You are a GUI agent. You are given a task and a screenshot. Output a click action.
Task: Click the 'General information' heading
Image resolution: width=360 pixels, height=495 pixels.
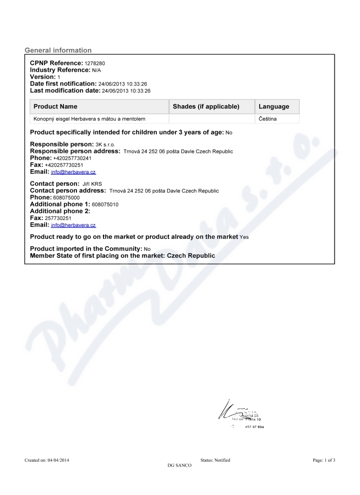click(x=58, y=50)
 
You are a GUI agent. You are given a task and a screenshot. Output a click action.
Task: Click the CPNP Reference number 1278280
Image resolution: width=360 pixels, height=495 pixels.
click(x=94, y=64)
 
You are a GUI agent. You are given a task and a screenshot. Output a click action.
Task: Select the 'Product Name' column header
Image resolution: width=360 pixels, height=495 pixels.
click(x=55, y=107)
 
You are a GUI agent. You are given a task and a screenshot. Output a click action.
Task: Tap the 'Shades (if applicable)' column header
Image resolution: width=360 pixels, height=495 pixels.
click(x=206, y=107)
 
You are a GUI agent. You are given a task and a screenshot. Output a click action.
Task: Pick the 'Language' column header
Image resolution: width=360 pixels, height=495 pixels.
click(x=274, y=107)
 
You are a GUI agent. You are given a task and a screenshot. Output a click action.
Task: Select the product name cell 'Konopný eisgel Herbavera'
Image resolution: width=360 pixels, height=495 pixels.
click(x=90, y=119)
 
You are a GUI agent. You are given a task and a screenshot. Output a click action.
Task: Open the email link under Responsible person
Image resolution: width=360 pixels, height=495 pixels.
click(x=73, y=172)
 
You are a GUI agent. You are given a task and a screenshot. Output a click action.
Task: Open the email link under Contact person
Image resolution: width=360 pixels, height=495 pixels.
click(x=73, y=225)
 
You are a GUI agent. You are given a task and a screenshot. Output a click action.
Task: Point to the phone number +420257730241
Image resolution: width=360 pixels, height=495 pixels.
click(x=72, y=158)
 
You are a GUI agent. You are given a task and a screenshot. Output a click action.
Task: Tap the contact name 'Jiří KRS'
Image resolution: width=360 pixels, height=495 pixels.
click(x=92, y=184)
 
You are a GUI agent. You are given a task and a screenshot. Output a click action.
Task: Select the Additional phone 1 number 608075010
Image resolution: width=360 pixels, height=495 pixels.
click(x=105, y=204)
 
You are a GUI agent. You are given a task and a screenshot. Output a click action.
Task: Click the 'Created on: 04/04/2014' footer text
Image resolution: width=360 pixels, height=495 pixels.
click(x=47, y=460)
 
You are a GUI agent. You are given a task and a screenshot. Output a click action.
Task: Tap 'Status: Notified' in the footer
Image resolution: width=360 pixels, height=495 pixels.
click(x=215, y=460)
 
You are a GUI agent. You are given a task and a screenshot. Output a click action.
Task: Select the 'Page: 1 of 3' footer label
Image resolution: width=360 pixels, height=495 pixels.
click(x=324, y=460)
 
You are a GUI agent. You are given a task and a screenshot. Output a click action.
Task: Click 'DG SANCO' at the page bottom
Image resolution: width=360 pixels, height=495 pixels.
click(x=179, y=465)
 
